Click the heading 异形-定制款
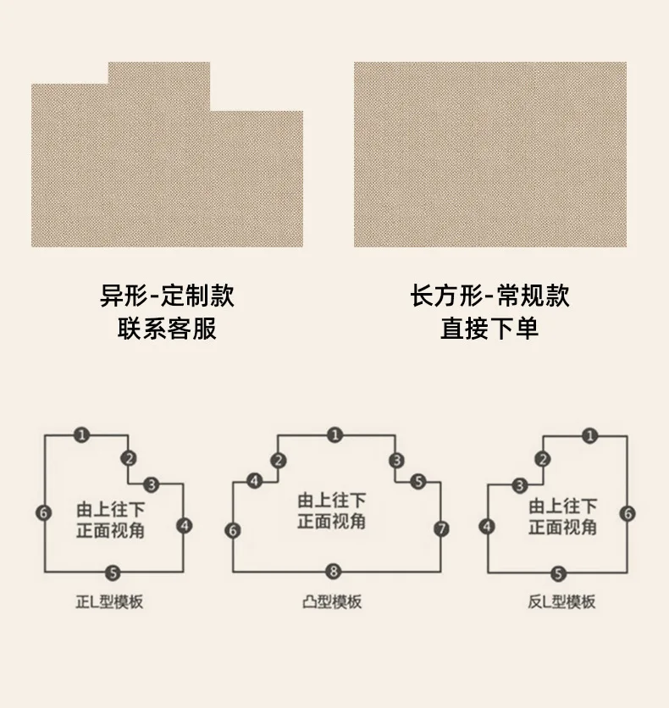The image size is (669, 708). (x=167, y=296)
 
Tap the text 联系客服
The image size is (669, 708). (x=167, y=328)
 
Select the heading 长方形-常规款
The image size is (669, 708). (x=489, y=296)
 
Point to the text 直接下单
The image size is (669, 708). (x=489, y=328)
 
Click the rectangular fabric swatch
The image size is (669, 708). (x=490, y=154)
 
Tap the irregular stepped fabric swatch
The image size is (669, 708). (x=167, y=169)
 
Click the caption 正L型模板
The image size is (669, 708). (x=109, y=603)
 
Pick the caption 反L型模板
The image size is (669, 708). (x=561, y=602)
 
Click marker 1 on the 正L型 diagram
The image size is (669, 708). (x=81, y=435)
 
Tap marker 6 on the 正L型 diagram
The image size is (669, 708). (x=44, y=512)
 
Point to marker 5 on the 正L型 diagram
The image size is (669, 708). (x=114, y=572)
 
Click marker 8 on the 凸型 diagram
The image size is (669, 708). (x=334, y=572)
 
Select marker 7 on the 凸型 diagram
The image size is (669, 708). (x=441, y=530)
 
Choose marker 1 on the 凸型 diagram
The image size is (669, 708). (x=335, y=435)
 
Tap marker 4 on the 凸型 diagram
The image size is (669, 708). (x=254, y=481)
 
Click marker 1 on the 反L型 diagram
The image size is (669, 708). (x=590, y=436)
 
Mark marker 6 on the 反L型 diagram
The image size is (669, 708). (x=628, y=513)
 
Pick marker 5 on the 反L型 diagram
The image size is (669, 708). (x=558, y=573)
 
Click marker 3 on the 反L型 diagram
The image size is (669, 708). (x=519, y=485)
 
